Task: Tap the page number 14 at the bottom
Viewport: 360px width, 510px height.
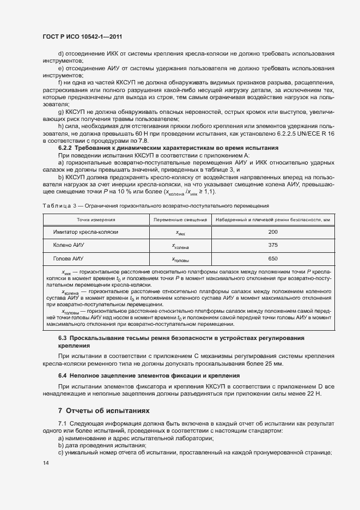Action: pos(46,463)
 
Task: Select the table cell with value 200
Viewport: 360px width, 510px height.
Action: pos(273,232)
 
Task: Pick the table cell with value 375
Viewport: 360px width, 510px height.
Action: pos(273,245)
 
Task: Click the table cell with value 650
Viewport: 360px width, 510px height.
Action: pos(273,259)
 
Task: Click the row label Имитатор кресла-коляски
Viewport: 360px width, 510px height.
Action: pos(86,232)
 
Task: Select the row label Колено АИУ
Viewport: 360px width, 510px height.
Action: pos(69,245)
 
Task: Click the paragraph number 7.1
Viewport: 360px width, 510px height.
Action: pos(62,423)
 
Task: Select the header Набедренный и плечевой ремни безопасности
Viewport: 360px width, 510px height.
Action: pos(273,219)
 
